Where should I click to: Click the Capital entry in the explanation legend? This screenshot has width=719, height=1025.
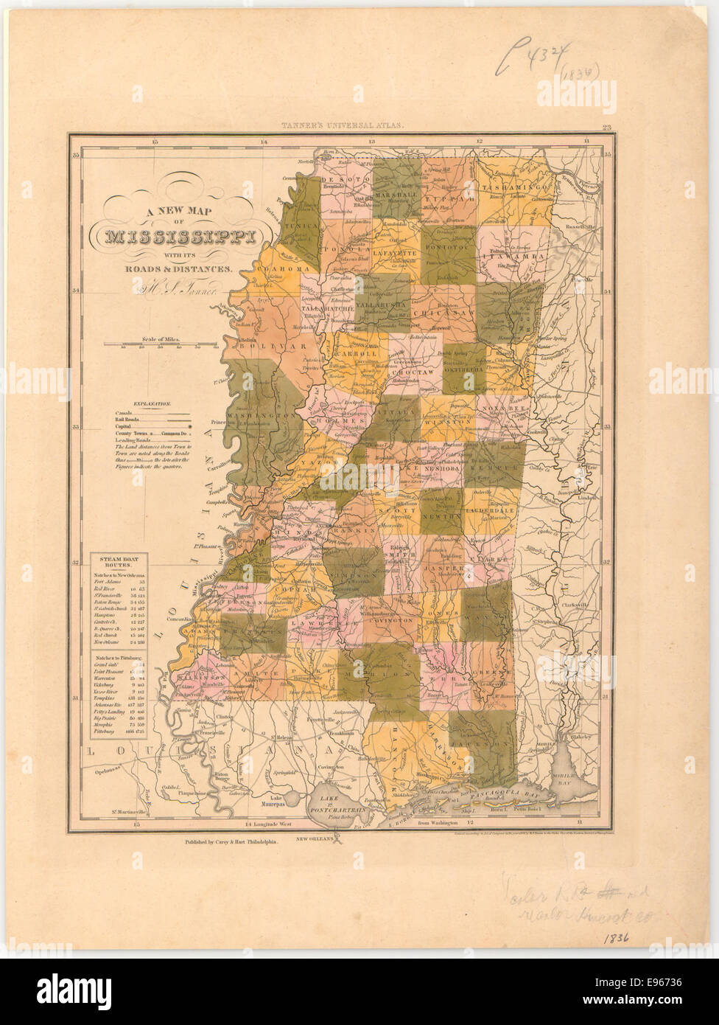pyautogui.click(x=127, y=426)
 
